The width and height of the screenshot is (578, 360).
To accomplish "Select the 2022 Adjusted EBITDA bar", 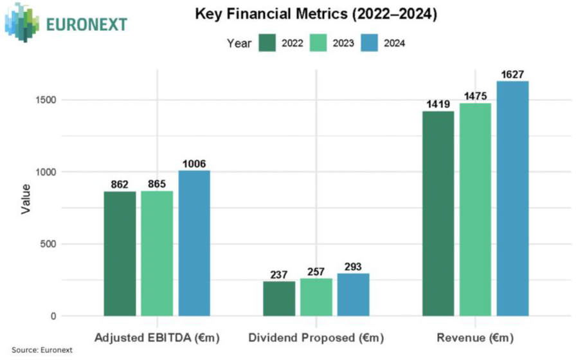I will pyautogui.click(x=120, y=253).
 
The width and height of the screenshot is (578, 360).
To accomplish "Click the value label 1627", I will pyautogui.click(x=512, y=75).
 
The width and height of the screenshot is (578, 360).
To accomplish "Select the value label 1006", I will pyautogui.click(x=194, y=164).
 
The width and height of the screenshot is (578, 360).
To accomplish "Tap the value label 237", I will pyautogui.click(x=279, y=275).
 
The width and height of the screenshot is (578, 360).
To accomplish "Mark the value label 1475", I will pyautogui.click(x=475, y=96).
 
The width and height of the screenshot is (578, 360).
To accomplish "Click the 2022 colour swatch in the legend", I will pyautogui.click(x=268, y=43).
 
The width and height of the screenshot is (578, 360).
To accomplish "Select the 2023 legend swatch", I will pyautogui.click(x=320, y=43).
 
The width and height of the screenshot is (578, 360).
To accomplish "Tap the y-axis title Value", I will pyautogui.click(x=26, y=199).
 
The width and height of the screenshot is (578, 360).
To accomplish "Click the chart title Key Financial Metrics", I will pyautogui.click(x=316, y=15).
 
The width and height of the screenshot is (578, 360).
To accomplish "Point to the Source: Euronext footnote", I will pyautogui.click(x=42, y=350).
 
